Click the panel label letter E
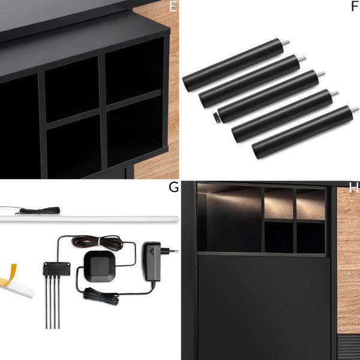[x=173, y=7]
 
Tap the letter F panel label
[x=354, y=7]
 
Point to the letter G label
[x=173, y=187]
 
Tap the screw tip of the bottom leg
[x=355, y=110]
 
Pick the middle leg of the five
[x=270, y=95]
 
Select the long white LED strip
[x=90, y=219]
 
